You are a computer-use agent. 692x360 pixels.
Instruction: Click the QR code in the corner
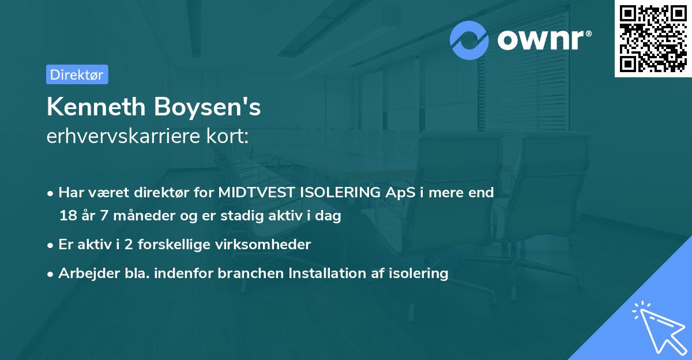[653, 39]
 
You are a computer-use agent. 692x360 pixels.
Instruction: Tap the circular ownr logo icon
[470, 40]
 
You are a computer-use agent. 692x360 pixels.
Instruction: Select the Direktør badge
[77, 75]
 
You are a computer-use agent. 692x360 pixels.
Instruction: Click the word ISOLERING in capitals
[340, 193]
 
